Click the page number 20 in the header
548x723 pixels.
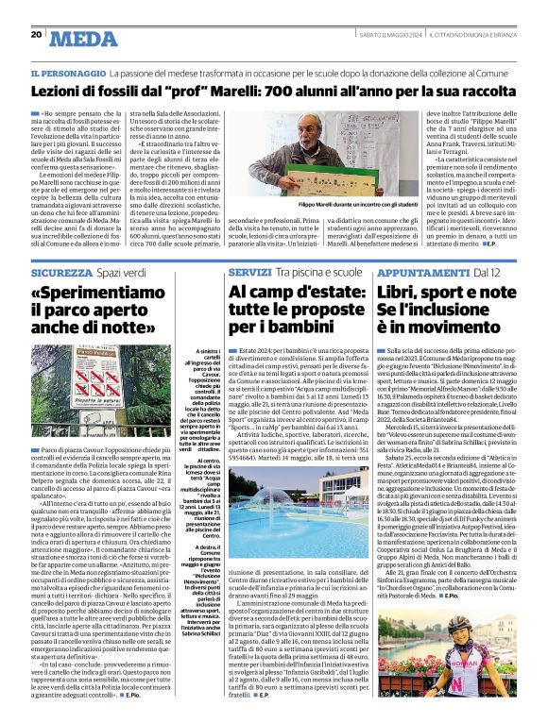[x=37, y=34]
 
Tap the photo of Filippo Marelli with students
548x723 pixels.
[x=326, y=166]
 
